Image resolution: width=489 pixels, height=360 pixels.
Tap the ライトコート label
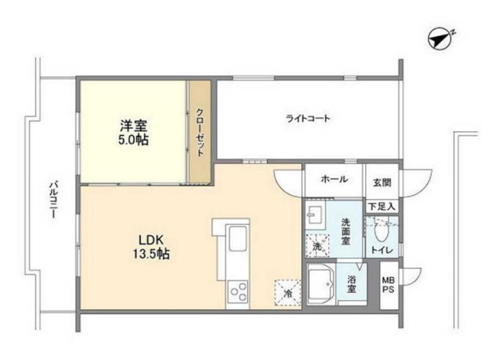coord(308,119)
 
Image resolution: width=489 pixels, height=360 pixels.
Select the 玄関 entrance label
coord(382,181)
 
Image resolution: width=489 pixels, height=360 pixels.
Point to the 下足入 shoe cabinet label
coord(382,207)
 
